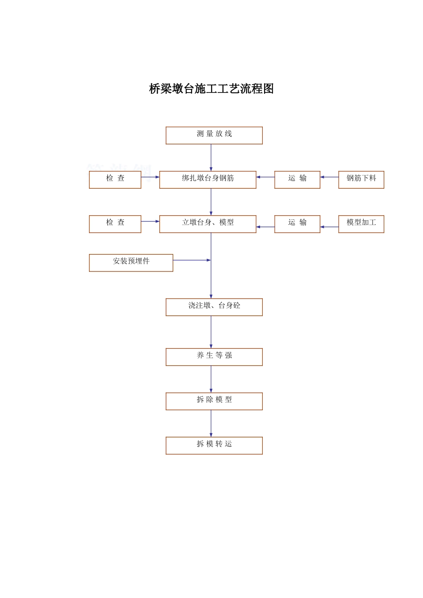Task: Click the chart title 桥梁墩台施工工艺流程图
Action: (x=211, y=89)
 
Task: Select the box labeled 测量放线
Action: (x=214, y=135)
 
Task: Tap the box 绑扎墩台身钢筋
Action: (x=207, y=180)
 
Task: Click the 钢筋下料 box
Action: (x=361, y=180)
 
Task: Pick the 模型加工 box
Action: (x=361, y=224)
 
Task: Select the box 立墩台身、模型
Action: (x=207, y=224)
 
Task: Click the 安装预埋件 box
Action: (x=131, y=263)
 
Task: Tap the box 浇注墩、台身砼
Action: (x=214, y=307)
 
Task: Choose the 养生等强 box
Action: (x=214, y=357)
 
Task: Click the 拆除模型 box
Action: (x=214, y=401)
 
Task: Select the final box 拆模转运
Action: (x=214, y=445)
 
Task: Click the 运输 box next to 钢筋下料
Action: (x=297, y=180)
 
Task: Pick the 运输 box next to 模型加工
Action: (x=297, y=224)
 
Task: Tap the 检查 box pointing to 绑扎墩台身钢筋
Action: (x=115, y=180)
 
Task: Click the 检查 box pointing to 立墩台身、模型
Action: (x=115, y=224)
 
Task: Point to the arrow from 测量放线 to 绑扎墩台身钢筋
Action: (x=211, y=158)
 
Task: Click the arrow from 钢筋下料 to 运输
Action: (x=329, y=177)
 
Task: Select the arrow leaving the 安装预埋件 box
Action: (x=191, y=260)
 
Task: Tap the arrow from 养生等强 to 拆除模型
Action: (x=211, y=379)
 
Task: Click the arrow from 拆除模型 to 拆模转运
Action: (x=211, y=423)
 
